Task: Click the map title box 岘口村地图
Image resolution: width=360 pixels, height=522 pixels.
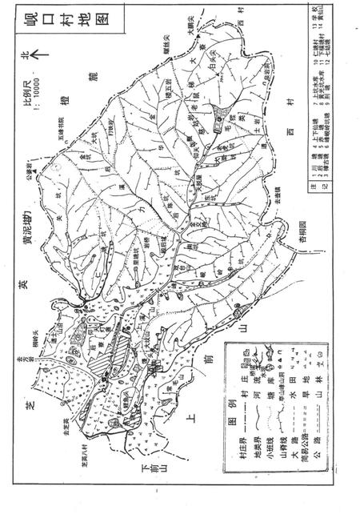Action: pyautogui.click(x=334, y=37)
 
